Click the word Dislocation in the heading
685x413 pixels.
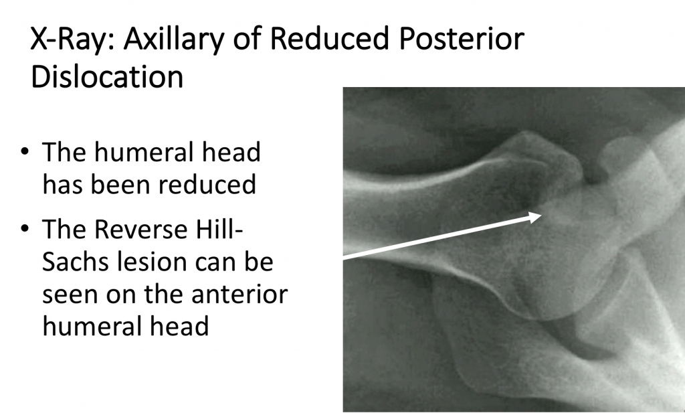coord(107,78)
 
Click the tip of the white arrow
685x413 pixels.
coord(541,216)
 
